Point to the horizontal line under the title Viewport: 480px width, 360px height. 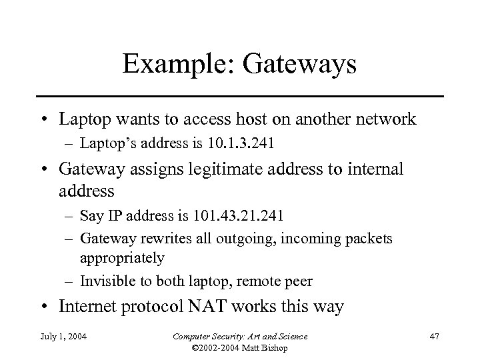[239, 96]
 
